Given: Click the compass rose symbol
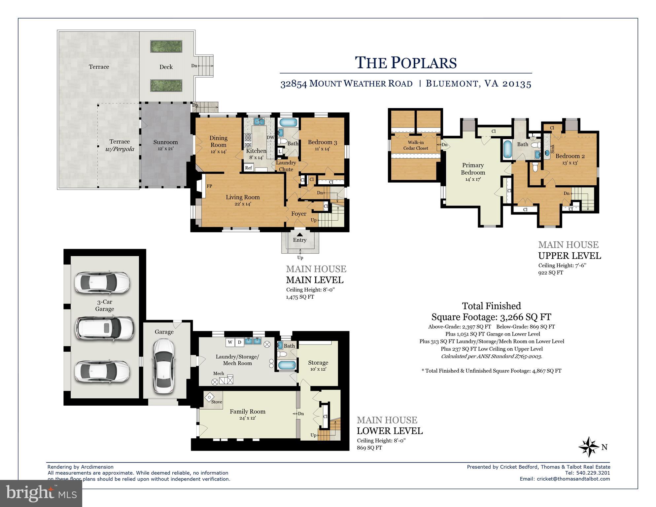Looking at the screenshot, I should coord(589,447).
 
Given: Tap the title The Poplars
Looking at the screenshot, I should coord(406,63).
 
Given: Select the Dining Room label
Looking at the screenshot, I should coord(218,141).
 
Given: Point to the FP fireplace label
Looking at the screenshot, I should coord(209,186).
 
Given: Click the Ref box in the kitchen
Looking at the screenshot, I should coord(249,168).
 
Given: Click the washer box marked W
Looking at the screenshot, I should coord(230,342).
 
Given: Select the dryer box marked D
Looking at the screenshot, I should coord(240,342).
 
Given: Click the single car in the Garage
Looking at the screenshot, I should coord(164,366).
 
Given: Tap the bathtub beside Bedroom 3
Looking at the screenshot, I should coord(289,123).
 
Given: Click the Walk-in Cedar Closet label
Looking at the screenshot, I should coord(416,145).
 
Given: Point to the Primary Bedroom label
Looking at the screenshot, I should coord(473,168).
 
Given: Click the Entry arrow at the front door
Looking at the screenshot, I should coord(299,235).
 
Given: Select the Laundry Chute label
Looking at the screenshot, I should coord(286,166).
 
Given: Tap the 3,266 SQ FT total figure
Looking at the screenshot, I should coord(525,317).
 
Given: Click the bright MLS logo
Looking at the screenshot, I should coord(41,493).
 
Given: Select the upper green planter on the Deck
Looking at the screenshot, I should coord(166,47).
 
